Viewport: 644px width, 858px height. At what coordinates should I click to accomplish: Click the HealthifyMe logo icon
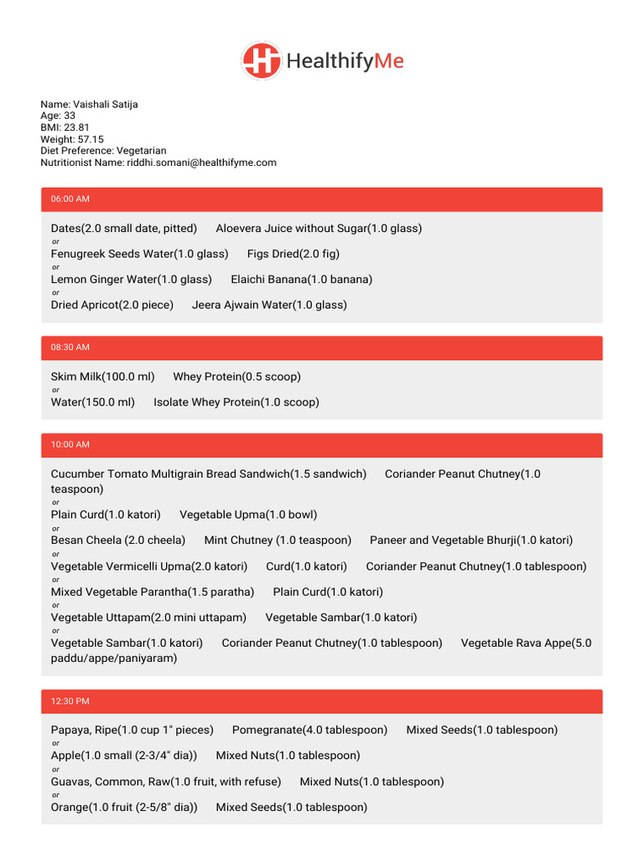[x=262, y=61]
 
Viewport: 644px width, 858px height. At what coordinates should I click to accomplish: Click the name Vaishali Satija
[x=106, y=105]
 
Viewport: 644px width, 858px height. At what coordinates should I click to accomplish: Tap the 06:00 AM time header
[x=70, y=199]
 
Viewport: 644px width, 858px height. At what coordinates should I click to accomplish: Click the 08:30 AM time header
[x=70, y=347]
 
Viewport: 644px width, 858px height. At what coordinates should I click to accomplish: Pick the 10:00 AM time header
[x=70, y=445]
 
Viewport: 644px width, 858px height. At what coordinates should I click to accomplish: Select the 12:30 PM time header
[x=70, y=701]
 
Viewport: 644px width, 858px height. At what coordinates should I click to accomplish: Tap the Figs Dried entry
[x=293, y=254]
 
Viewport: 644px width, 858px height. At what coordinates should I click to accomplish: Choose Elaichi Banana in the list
[x=302, y=280]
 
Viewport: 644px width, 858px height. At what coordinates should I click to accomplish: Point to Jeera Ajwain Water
[x=269, y=305]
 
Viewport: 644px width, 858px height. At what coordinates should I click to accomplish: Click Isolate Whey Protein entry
[x=236, y=402]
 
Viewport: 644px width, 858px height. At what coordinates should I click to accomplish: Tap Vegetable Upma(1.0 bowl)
[x=248, y=515]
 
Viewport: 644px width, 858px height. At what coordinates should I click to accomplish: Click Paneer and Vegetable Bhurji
[x=471, y=540]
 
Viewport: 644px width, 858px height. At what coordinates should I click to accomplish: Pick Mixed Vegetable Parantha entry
[x=153, y=592]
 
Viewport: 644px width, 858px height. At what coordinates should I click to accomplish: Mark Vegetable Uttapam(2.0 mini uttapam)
[x=148, y=618]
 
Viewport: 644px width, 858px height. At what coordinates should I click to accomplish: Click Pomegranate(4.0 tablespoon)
[x=309, y=731]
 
